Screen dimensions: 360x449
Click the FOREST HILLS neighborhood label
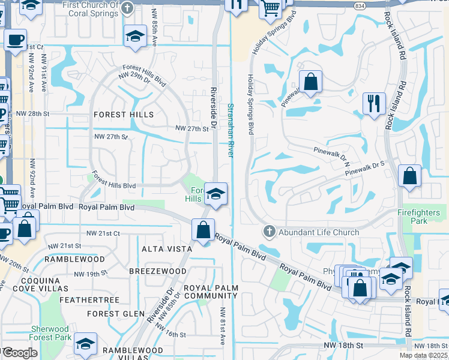pyautogui.click(x=123, y=114)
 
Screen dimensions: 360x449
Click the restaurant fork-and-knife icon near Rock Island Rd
pyautogui.click(x=373, y=104)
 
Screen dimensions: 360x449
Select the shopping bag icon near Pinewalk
pyautogui.click(x=310, y=82)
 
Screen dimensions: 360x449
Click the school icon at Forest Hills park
pyautogui.click(x=215, y=194)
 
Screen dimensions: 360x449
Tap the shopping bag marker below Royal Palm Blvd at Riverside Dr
pyautogui.click(x=203, y=230)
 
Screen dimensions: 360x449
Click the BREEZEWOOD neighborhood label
pyautogui.click(x=158, y=271)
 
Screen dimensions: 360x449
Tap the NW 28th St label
pyautogui.click(x=46, y=113)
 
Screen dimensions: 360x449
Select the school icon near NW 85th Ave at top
pyautogui.click(x=135, y=37)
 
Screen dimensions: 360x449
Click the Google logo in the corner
pyautogui.click(x=19, y=353)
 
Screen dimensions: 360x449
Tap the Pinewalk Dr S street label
pyautogui.click(x=364, y=169)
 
